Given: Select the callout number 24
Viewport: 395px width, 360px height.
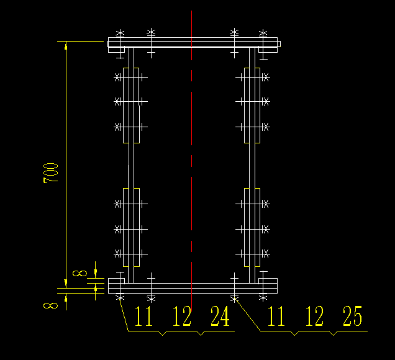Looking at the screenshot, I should coord(219,317).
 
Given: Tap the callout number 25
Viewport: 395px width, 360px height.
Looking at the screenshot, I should coord(353,317).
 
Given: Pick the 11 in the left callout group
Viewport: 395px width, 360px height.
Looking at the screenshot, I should coord(144,317).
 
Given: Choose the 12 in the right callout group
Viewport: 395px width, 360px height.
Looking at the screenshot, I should coord(315,317).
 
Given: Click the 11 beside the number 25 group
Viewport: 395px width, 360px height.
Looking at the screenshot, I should coord(276,317).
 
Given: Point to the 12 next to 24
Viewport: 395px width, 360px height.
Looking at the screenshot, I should coord(182,317).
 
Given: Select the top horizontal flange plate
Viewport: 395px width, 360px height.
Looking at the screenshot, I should coord(193,43).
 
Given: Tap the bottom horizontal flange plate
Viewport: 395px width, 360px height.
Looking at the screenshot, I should coord(193,285).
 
